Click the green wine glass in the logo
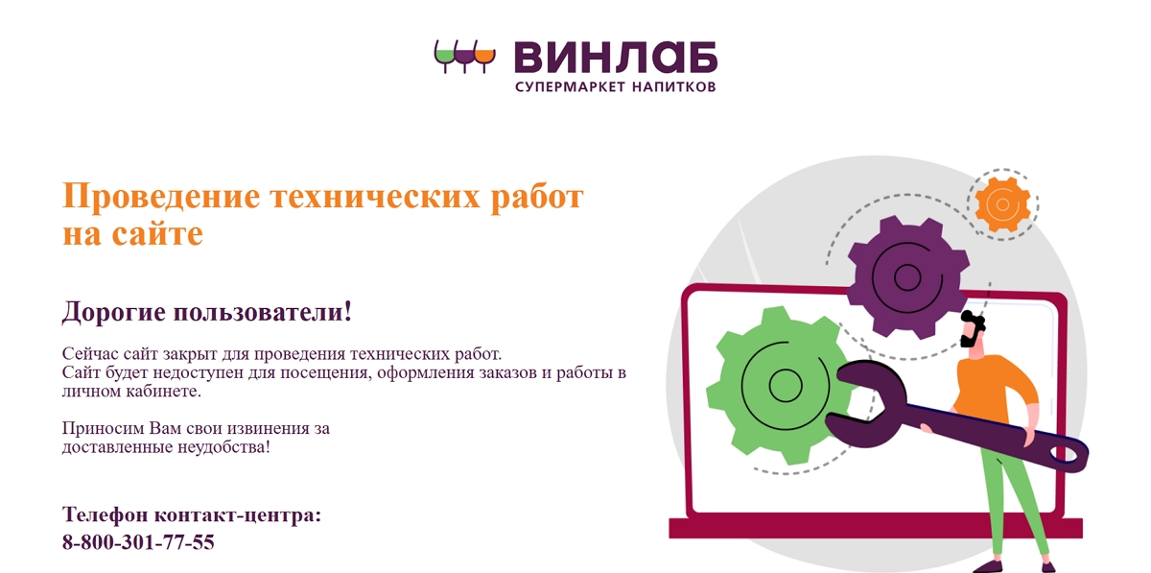pyautogui.click(x=444, y=56)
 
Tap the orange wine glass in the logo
pyautogui.click(x=484, y=57)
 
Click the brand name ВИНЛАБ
pyautogui.click(x=616, y=57)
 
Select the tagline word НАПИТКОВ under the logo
pyautogui.click(x=673, y=86)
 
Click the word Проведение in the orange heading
pyautogui.click(x=161, y=197)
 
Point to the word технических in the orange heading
pyautogui.click(x=376, y=197)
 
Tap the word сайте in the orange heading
pyautogui.click(x=157, y=234)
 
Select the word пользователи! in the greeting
pyautogui.click(x=262, y=312)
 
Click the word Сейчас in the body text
pyautogui.click(x=90, y=354)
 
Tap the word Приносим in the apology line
pyautogui.click(x=104, y=428)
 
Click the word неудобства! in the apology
pyautogui.click(x=223, y=447)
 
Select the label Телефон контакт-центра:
pyautogui.click(x=192, y=514)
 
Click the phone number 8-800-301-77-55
pyautogui.click(x=138, y=542)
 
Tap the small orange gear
pyautogui.click(x=1002, y=204)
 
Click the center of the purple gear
pyautogui.click(x=907, y=277)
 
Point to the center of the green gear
pyautogui.click(x=785, y=385)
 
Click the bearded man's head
pyautogui.click(x=973, y=329)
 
